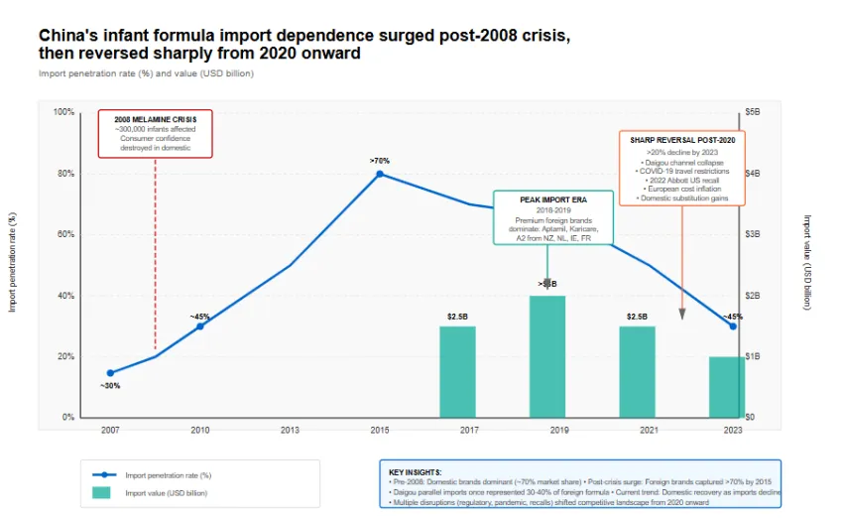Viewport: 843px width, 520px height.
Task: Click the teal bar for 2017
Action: pyautogui.click(x=457, y=371)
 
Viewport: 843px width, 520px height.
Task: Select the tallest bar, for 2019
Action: pyautogui.click(x=547, y=356)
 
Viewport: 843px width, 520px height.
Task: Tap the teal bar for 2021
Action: pyautogui.click(x=637, y=371)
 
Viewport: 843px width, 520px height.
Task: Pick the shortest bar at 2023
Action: pyautogui.click(x=726, y=387)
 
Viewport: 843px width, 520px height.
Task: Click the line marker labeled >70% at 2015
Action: pyautogui.click(x=380, y=174)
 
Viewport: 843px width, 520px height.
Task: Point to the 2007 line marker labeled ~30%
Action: pyautogui.click(x=110, y=373)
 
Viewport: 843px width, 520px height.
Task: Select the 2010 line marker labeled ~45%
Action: pyautogui.click(x=199, y=326)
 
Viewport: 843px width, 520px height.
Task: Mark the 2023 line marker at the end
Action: pyautogui.click(x=733, y=326)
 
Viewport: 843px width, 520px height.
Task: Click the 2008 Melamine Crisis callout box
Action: pyautogui.click(x=155, y=134)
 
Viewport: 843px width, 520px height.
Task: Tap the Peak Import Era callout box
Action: pyautogui.click(x=552, y=217)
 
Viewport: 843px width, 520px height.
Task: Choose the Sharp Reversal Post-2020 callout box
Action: pyautogui.click(x=681, y=169)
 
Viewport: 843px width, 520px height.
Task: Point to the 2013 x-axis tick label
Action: pyautogui.click(x=290, y=430)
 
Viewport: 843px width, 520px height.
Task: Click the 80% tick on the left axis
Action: pyautogui.click(x=63, y=174)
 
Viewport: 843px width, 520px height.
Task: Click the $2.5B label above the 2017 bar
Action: pyautogui.click(x=457, y=317)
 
